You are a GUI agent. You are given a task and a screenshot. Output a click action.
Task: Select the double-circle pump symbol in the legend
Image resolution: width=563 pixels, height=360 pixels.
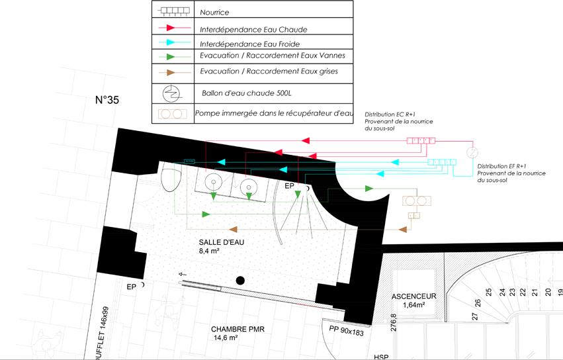[x=175, y=114]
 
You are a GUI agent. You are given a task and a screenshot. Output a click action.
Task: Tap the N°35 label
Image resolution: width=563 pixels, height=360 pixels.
[x=107, y=101]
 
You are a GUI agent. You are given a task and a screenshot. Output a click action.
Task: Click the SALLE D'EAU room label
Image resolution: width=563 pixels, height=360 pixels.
[x=221, y=242]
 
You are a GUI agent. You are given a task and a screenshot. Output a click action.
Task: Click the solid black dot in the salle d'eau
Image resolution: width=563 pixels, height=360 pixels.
[x=240, y=281]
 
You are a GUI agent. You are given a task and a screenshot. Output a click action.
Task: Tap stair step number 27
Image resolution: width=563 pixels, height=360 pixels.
[x=474, y=316]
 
